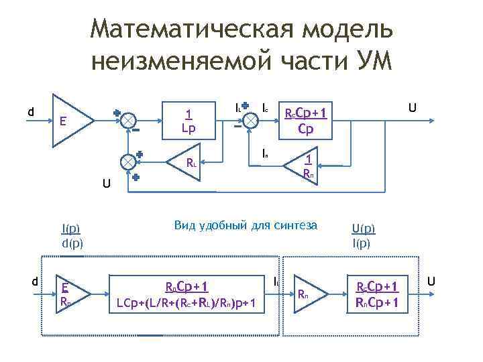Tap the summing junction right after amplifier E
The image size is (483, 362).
coord(126,120)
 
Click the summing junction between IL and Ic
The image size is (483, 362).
coord(249,120)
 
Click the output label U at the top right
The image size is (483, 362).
coord(413,107)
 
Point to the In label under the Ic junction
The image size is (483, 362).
coord(265,154)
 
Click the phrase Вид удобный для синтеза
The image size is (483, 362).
coord(245,225)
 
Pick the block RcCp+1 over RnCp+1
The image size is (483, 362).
coord(377,296)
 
